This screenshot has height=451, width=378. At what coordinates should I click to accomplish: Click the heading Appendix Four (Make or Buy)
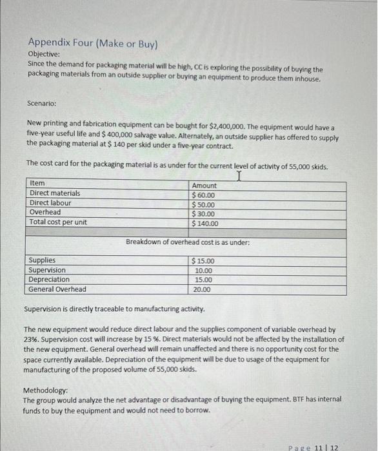(92, 44)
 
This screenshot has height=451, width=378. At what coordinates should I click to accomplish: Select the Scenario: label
(43, 102)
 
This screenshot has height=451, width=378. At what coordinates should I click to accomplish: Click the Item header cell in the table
(37, 184)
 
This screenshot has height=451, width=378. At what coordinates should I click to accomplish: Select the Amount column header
(204, 185)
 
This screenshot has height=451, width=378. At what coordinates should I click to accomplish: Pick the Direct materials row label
(55, 193)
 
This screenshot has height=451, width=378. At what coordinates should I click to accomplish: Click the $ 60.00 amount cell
(203, 195)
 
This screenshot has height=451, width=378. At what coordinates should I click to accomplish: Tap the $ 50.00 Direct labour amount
(203, 204)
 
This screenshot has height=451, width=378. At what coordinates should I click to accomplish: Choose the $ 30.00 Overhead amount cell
(203, 214)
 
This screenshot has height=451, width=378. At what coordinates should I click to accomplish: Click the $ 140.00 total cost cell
(205, 224)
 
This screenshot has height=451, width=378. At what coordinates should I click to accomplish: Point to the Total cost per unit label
(59, 222)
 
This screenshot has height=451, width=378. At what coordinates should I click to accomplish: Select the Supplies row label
(43, 260)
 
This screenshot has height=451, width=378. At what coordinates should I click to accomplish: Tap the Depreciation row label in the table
(50, 280)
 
